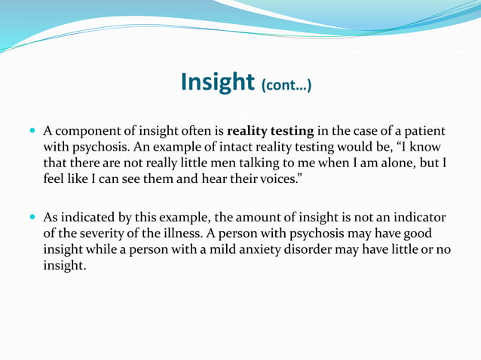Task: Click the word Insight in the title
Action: click(217, 82)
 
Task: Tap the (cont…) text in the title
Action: click(286, 86)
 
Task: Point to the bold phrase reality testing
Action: click(270, 131)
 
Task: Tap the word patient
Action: click(425, 131)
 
